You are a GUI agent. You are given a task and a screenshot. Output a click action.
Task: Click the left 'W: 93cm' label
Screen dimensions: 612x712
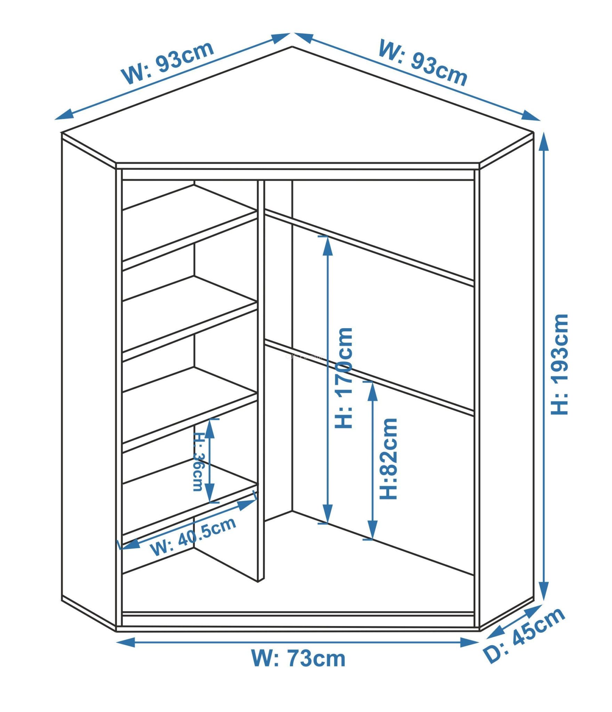point(168,62)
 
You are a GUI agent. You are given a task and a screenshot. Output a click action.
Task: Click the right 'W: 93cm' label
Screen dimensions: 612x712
point(423,62)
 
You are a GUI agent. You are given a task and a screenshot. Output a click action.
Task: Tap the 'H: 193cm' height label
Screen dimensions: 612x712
point(559,364)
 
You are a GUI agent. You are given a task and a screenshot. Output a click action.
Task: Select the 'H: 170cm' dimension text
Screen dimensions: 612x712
point(344,378)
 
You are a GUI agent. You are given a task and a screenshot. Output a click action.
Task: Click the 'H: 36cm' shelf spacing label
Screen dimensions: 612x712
point(198,462)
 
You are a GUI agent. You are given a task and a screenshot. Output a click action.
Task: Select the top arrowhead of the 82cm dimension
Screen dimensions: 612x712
point(373,391)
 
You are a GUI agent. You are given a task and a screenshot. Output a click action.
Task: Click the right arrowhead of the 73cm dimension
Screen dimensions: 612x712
point(470,642)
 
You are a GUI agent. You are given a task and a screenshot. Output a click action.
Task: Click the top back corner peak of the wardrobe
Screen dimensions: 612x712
point(292,46)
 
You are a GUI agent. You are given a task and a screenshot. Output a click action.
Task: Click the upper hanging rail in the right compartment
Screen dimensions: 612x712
point(369,247)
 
